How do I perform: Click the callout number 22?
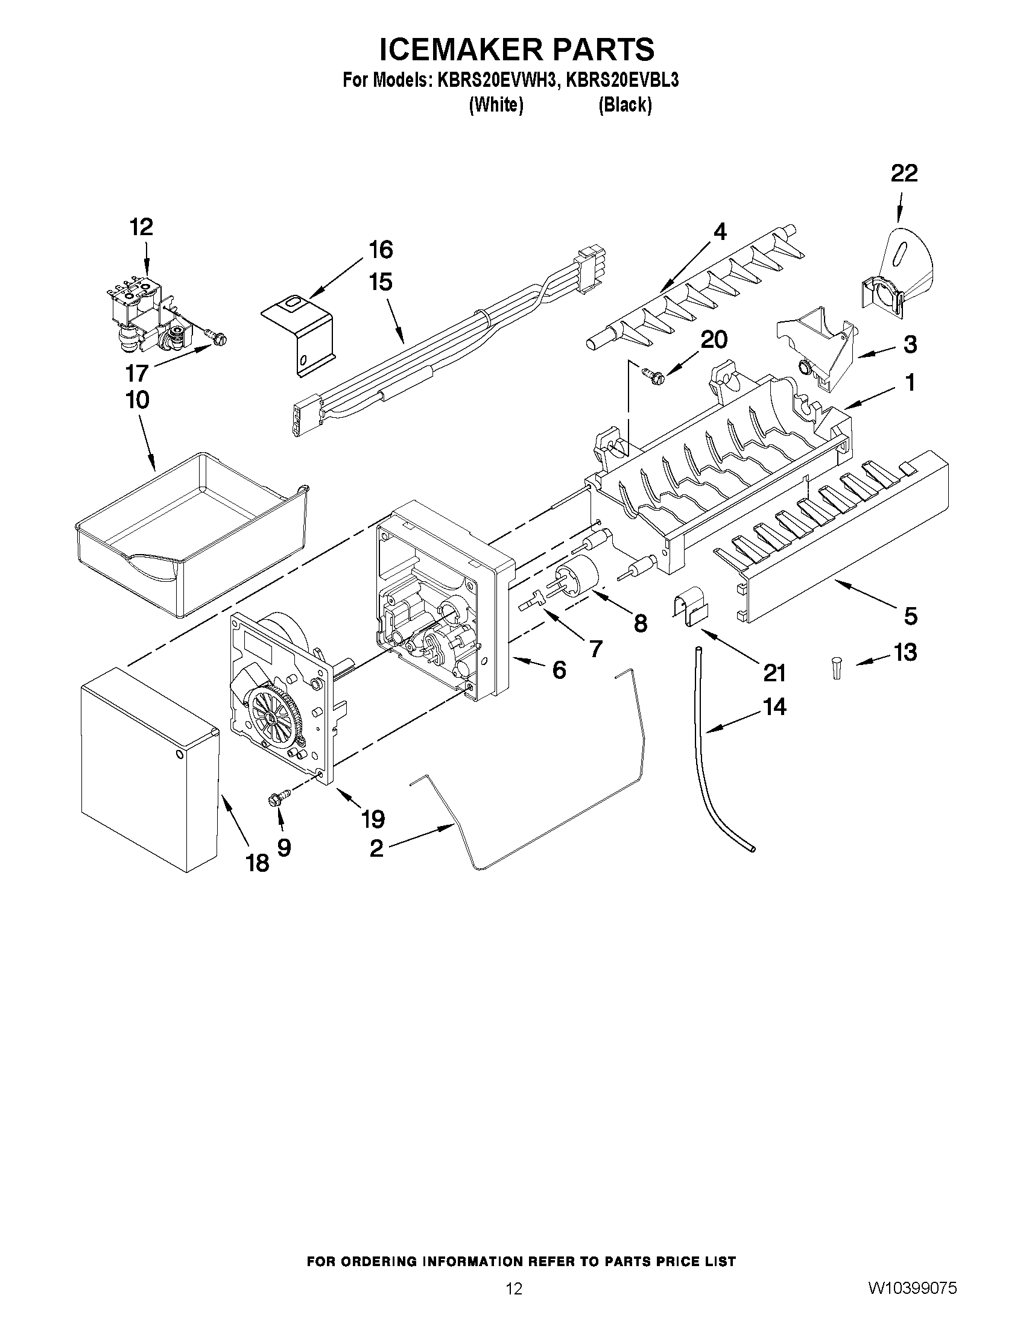click(904, 174)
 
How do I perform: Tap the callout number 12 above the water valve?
click(141, 227)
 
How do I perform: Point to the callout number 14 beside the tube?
click(774, 707)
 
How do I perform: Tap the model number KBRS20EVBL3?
click(621, 80)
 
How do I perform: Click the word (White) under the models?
click(496, 105)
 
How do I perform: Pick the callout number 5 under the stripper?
click(910, 616)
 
